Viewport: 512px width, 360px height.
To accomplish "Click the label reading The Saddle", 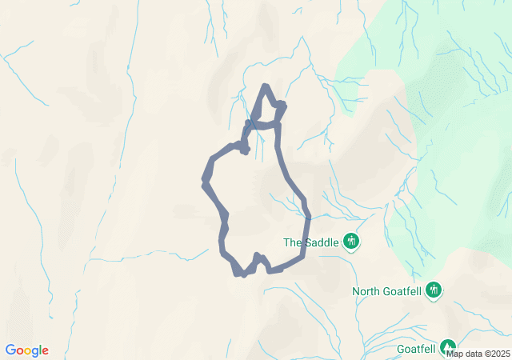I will [x=311, y=242].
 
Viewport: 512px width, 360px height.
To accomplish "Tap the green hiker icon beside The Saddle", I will [x=350, y=241].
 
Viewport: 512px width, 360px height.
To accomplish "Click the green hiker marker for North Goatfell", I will [x=434, y=290].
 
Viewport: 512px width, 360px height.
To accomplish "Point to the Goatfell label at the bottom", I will [x=416, y=349].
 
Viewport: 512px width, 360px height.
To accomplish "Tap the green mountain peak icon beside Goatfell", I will [x=447, y=346].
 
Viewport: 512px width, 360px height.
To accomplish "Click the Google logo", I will [x=26, y=350].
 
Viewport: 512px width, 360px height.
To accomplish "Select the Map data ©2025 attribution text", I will [x=477, y=354].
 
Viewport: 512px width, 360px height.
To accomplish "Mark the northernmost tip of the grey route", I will [x=266, y=86].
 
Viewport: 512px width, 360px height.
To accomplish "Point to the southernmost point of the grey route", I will [x=242, y=274].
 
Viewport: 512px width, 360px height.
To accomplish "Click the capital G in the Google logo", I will [x=10, y=350].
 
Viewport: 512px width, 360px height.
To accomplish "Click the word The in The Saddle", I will [x=293, y=242].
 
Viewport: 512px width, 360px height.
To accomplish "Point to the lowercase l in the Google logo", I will [x=39, y=350].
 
